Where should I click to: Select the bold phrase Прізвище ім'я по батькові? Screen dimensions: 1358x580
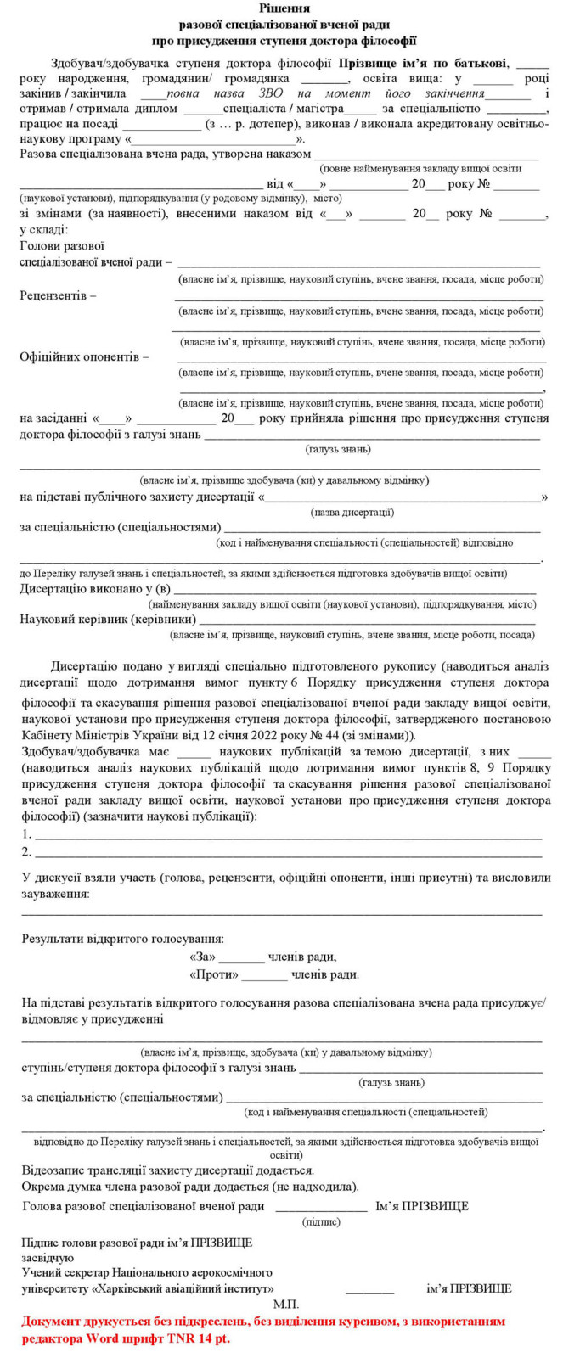424,63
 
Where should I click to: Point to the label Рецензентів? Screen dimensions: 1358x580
58,295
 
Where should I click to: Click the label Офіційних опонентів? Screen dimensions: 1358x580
84,357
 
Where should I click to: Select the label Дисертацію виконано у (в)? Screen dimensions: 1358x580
95,589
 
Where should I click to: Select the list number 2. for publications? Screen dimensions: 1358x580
27,851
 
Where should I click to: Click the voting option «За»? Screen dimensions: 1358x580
203,957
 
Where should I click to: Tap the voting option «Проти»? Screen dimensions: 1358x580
214,974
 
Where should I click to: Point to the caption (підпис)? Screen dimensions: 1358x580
321,1222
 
